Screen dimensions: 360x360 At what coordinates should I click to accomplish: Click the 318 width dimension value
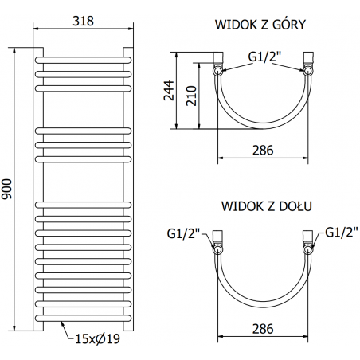(x=84, y=21)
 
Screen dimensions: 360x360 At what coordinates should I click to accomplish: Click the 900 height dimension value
(x=6, y=189)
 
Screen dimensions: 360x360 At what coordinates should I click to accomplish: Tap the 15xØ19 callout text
(x=98, y=338)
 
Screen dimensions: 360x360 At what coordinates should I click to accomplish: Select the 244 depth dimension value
(x=169, y=91)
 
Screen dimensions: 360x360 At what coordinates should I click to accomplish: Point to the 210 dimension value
(x=191, y=96)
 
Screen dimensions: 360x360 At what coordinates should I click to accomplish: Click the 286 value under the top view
(x=263, y=151)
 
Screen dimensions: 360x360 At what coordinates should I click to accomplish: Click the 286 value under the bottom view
(x=263, y=329)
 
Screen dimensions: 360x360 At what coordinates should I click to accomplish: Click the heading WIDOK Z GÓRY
(x=260, y=25)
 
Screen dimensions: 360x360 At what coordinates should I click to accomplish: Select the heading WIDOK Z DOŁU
(x=267, y=206)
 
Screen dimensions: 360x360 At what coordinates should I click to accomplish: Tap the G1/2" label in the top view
(x=264, y=57)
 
